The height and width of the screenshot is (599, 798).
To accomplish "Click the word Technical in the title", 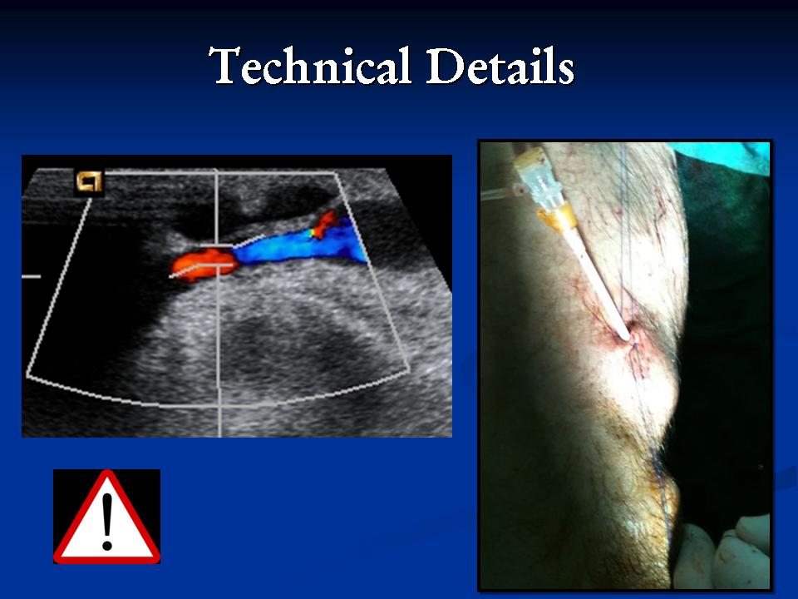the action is pyautogui.click(x=309, y=67).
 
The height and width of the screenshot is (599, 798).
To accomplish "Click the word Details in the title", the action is pyautogui.click(x=500, y=67).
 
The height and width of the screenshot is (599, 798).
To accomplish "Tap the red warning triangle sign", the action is pyautogui.click(x=107, y=517).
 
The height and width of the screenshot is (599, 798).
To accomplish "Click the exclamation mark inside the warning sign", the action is pyautogui.click(x=107, y=522).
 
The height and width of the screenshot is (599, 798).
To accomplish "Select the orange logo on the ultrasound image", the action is pyautogui.click(x=90, y=181).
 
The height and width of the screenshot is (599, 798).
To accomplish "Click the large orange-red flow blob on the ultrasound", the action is pyautogui.click(x=204, y=265).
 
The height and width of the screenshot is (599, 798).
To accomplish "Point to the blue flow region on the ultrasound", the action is pyautogui.click(x=301, y=243).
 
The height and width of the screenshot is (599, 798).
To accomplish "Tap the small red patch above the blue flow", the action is pyautogui.click(x=324, y=224).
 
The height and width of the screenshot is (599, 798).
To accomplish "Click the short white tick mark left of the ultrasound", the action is pyautogui.click(x=31, y=276).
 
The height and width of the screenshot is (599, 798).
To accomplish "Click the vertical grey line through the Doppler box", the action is pyautogui.click(x=218, y=303).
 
